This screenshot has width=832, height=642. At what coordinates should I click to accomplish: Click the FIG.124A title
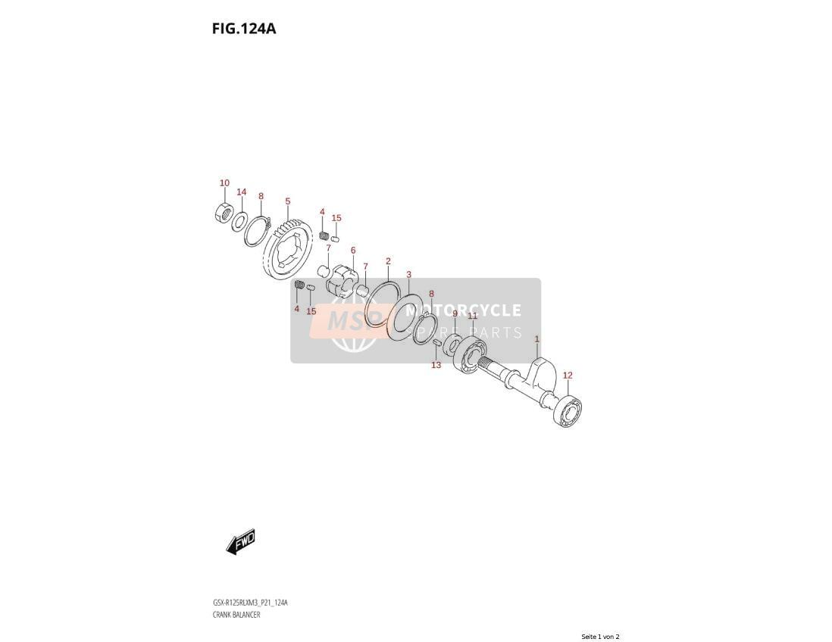pyautogui.click(x=244, y=28)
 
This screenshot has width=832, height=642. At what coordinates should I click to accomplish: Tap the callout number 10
pyautogui.click(x=224, y=183)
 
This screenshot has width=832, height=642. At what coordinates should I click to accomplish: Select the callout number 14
pyautogui.click(x=242, y=192)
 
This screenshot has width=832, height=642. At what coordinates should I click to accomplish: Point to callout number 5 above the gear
pyautogui.click(x=288, y=201)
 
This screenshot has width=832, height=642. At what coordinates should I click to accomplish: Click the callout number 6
pyautogui.click(x=353, y=251)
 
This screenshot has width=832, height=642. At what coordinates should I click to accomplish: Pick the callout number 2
pyautogui.click(x=388, y=261)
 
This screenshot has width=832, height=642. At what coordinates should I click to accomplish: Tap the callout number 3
pyautogui.click(x=408, y=275)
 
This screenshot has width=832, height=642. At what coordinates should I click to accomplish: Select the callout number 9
pyautogui.click(x=454, y=314)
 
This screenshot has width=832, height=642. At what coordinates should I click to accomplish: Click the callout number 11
pyautogui.click(x=472, y=316)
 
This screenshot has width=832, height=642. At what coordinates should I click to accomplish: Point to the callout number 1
pyautogui.click(x=537, y=338)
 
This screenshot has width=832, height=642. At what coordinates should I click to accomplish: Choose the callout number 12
pyautogui.click(x=568, y=376)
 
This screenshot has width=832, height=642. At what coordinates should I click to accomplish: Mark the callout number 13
pyautogui.click(x=436, y=365)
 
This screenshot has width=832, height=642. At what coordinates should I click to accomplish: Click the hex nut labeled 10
pyautogui.click(x=224, y=213)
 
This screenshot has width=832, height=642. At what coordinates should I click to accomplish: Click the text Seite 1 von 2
pyautogui.click(x=600, y=637)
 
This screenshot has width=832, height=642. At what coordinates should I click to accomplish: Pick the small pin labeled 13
pyautogui.click(x=437, y=344)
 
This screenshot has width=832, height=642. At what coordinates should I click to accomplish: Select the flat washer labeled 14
pyautogui.click(x=239, y=221)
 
